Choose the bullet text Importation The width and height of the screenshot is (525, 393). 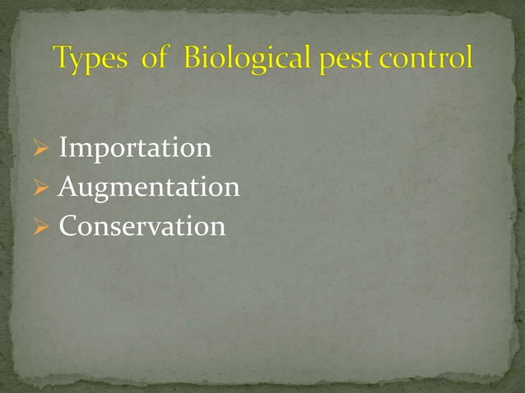pyautogui.click(x=135, y=149)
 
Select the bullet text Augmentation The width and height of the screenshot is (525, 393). pyautogui.click(x=149, y=188)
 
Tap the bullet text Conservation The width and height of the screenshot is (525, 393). pyautogui.click(x=142, y=226)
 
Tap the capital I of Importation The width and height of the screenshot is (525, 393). pyautogui.click(x=64, y=149)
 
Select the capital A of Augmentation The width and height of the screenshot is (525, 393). pyautogui.click(x=68, y=187)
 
